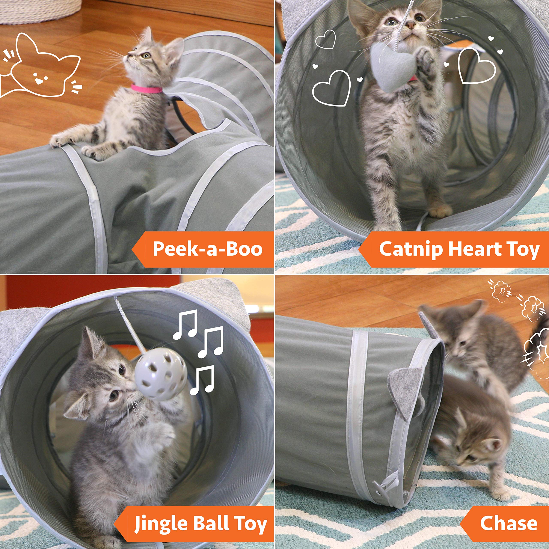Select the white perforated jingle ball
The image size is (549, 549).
pos(161,374)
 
